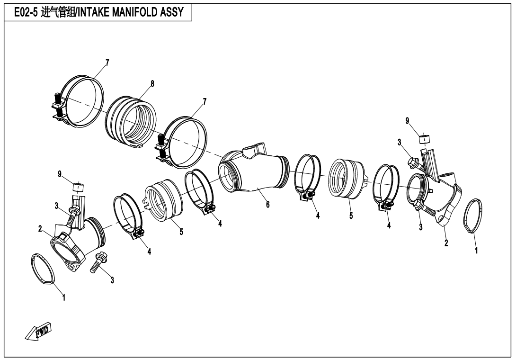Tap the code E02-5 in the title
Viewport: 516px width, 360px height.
click(25, 12)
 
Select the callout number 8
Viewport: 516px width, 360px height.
click(152, 83)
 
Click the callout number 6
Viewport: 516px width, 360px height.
click(267, 205)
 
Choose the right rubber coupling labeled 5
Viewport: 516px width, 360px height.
click(348, 178)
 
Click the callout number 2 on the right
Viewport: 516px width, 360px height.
click(446, 243)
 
